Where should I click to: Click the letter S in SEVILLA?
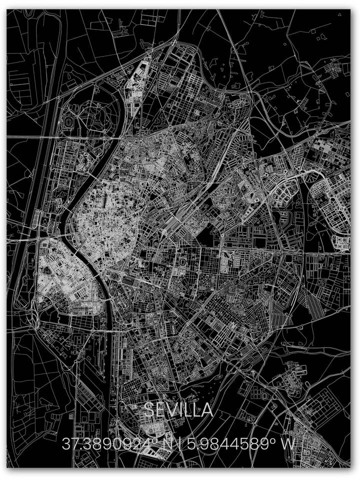149,410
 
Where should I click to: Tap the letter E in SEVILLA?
160,410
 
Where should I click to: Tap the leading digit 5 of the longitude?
191,443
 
